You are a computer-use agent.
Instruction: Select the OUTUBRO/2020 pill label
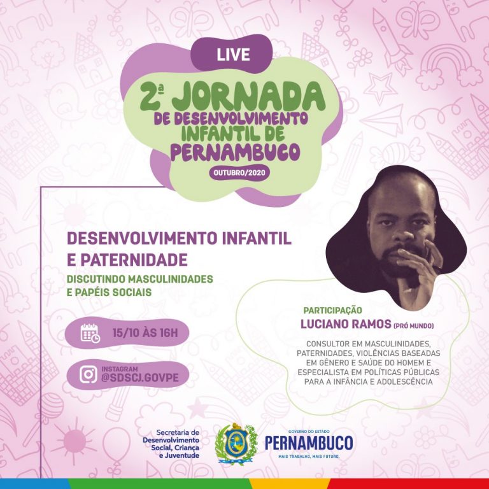(x=239, y=173)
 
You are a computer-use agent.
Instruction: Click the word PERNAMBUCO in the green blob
(x=235, y=152)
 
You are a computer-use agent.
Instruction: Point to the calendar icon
(x=90, y=333)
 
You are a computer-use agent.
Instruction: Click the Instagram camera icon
(x=89, y=374)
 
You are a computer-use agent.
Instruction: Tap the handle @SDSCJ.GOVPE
(x=140, y=378)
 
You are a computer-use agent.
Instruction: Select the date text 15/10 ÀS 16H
(x=145, y=333)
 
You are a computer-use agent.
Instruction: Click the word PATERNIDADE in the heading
(x=134, y=260)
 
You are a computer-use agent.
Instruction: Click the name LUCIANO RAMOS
(x=346, y=324)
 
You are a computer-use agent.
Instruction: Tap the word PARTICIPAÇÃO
(x=332, y=311)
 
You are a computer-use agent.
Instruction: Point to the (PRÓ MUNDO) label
(x=413, y=326)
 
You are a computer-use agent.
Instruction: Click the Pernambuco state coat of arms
(x=236, y=444)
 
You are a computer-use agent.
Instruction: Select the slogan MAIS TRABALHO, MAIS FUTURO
(x=308, y=457)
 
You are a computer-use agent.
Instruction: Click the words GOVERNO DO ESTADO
(x=308, y=432)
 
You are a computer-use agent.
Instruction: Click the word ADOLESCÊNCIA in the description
(x=404, y=382)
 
